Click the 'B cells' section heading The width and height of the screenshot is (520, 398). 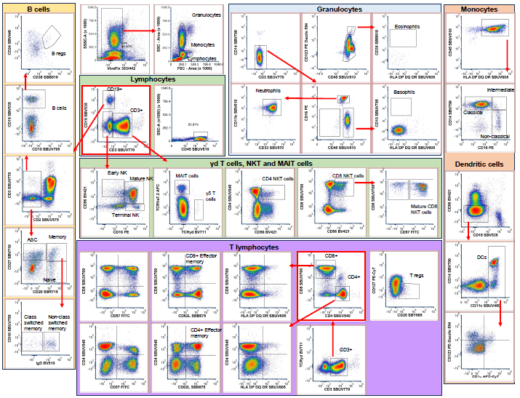[x=37, y=9]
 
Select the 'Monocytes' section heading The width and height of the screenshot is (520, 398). [x=480, y=10]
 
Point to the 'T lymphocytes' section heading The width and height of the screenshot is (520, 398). [x=253, y=247]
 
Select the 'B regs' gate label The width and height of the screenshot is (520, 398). [x=59, y=54]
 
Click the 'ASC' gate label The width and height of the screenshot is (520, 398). [x=32, y=237]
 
